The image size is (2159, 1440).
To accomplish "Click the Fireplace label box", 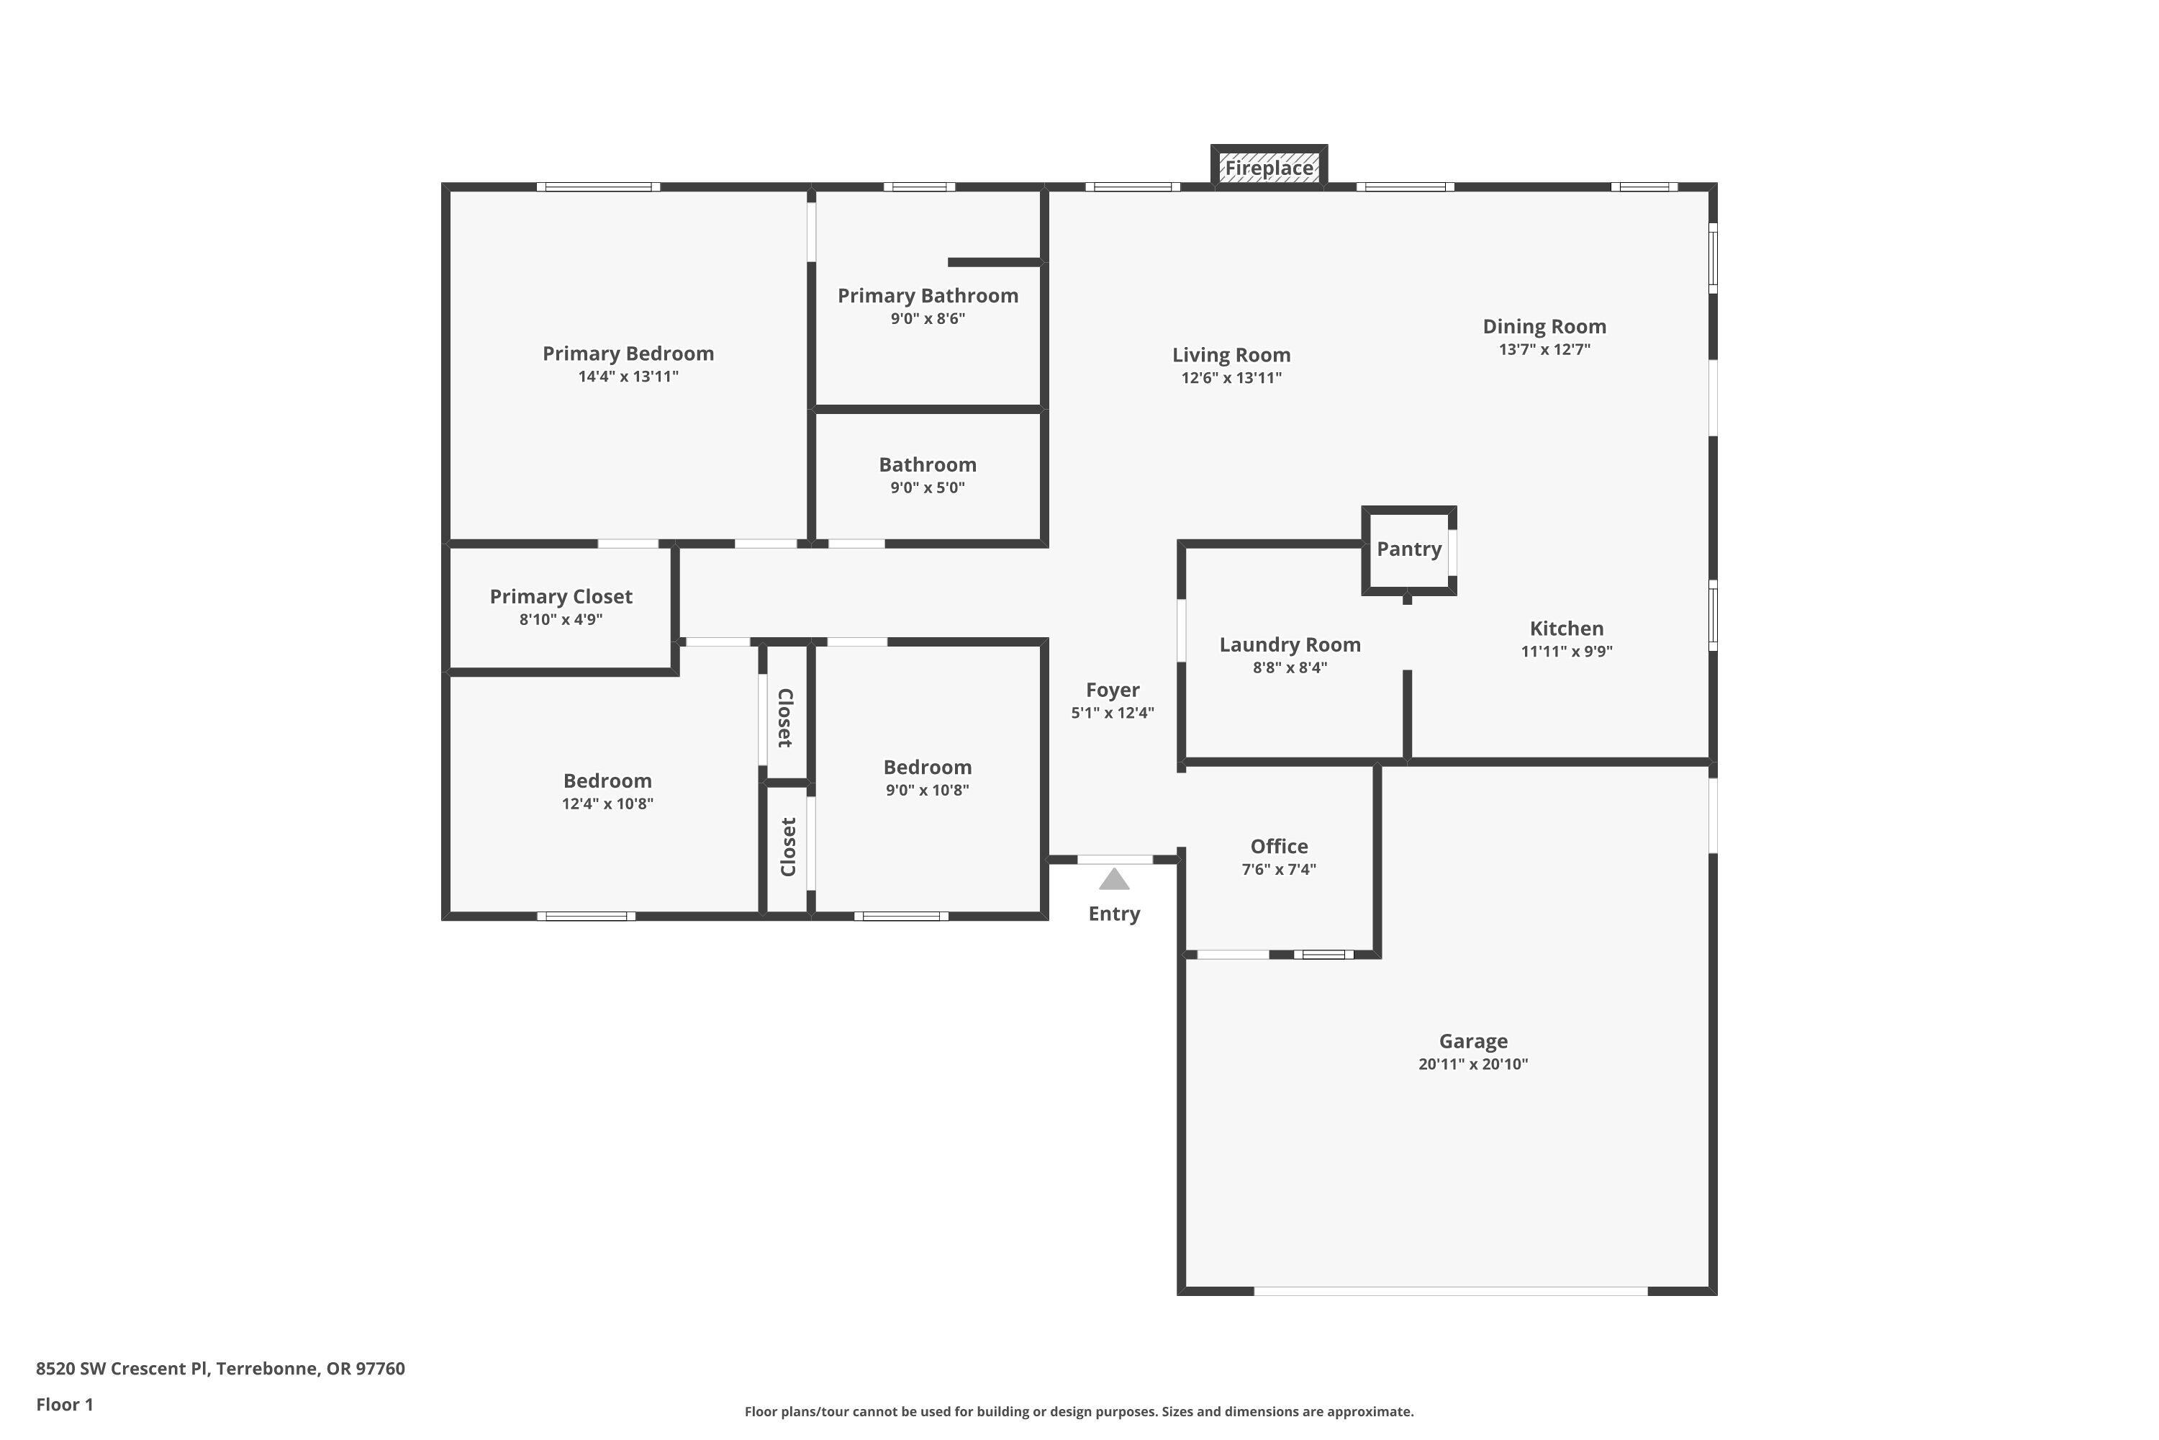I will (x=1269, y=168).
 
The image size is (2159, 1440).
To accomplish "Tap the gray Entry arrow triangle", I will (x=1113, y=880).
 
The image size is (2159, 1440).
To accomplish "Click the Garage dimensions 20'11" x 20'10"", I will (x=1472, y=1064).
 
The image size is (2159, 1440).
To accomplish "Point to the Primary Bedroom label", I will (x=628, y=354).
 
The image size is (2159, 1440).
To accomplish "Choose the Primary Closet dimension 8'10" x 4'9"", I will (x=561, y=620).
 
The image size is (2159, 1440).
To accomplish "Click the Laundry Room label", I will (x=1290, y=644).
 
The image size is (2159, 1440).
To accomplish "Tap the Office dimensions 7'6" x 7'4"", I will (x=1279, y=870).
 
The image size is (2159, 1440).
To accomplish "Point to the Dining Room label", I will (x=1544, y=327).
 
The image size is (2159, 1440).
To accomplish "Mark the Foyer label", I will (x=1113, y=690).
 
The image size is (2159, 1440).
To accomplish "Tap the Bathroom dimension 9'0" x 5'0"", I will (x=927, y=487).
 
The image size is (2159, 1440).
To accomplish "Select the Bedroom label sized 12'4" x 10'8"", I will (x=607, y=780).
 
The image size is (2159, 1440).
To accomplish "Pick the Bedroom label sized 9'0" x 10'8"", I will (x=927, y=767).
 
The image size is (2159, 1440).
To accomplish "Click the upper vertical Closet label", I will (x=786, y=717).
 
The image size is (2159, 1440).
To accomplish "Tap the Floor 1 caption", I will (x=64, y=1404).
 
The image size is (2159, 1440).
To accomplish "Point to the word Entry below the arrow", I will (x=1113, y=914).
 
